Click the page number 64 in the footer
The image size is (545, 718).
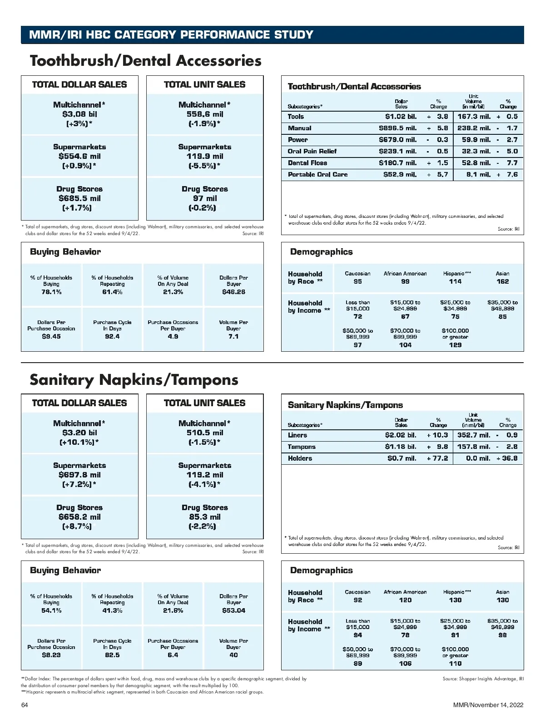(25, 705)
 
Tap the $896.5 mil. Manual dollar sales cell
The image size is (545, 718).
(397, 128)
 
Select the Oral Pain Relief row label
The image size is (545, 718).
(312, 152)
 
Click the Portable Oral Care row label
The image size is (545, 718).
(317, 175)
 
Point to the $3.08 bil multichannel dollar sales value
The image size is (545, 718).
(79, 114)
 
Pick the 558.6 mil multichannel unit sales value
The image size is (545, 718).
(205, 114)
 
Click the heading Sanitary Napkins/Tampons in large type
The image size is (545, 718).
(134, 380)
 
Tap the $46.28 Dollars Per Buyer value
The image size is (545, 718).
(233, 292)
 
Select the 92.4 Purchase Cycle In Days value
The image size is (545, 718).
(112, 336)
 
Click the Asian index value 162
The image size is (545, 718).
(502, 281)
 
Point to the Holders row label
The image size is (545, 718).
(300, 458)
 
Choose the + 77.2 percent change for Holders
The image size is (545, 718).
(437, 458)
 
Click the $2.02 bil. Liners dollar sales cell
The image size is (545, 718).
(400, 435)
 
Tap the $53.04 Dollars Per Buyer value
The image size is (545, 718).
(233, 610)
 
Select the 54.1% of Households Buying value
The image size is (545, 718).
(51, 610)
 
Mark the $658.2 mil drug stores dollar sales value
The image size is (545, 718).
(79, 517)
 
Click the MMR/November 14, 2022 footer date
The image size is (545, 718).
(488, 705)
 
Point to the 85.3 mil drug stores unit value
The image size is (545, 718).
(205, 517)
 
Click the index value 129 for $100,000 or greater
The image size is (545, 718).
(455, 345)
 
